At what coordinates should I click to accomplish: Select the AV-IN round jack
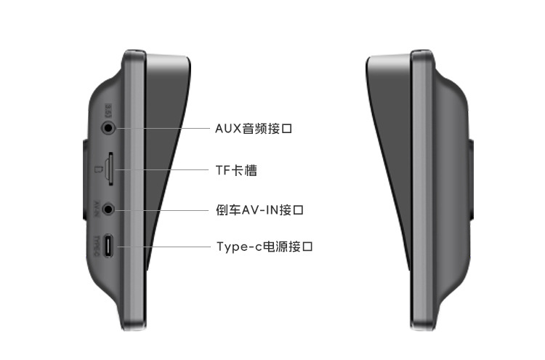click(x=109, y=209)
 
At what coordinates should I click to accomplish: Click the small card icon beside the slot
click(x=98, y=170)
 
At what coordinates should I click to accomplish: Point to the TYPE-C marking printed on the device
click(x=97, y=247)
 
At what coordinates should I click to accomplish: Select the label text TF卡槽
click(x=236, y=170)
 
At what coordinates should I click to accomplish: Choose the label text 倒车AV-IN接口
click(x=259, y=209)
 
